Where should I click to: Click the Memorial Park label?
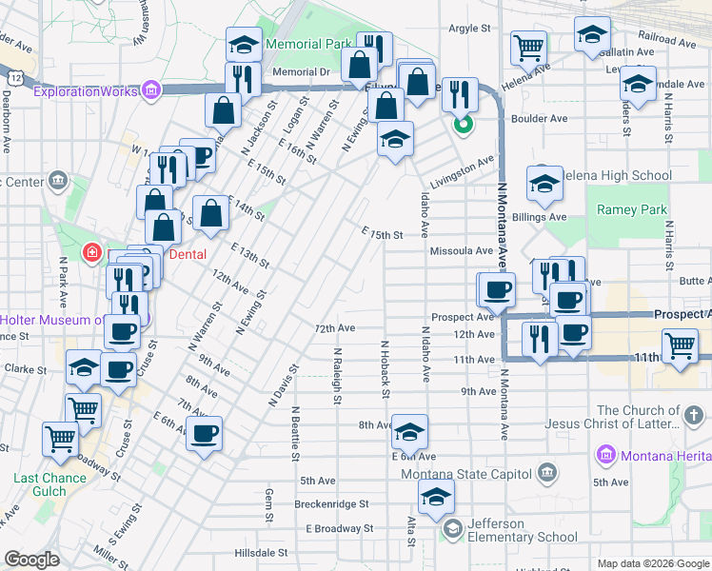[x=309, y=44]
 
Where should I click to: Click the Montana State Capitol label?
[x=465, y=474]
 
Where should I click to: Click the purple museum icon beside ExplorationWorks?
[x=149, y=91]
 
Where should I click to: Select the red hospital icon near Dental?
[x=92, y=253]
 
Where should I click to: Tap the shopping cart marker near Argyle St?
[x=528, y=46]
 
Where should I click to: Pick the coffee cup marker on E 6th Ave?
[x=204, y=434]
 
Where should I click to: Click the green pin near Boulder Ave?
[x=463, y=124]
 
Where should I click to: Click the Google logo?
[x=31, y=560]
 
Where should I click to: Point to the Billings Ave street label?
[x=539, y=217]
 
